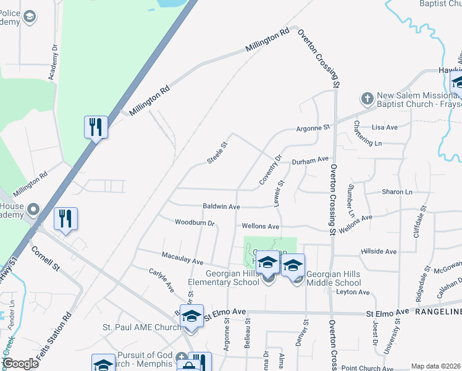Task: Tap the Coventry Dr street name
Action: pos(271,169)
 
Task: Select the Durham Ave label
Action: pos(310,160)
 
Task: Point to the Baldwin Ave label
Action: pos(221,207)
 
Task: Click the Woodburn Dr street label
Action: pos(194,223)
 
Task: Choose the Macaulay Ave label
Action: pos(182,258)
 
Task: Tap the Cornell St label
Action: pos(46,260)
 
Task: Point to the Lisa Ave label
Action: pos(385,127)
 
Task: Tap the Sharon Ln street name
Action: pos(397,192)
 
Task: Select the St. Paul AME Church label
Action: pos(142,327)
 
